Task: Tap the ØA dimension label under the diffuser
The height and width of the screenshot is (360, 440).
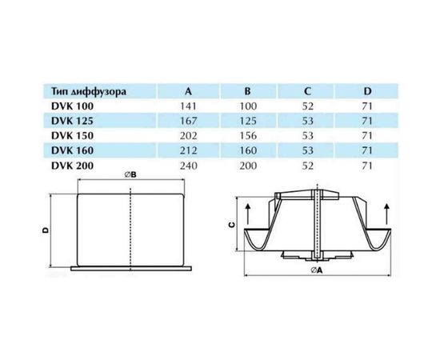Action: click(318, 270)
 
